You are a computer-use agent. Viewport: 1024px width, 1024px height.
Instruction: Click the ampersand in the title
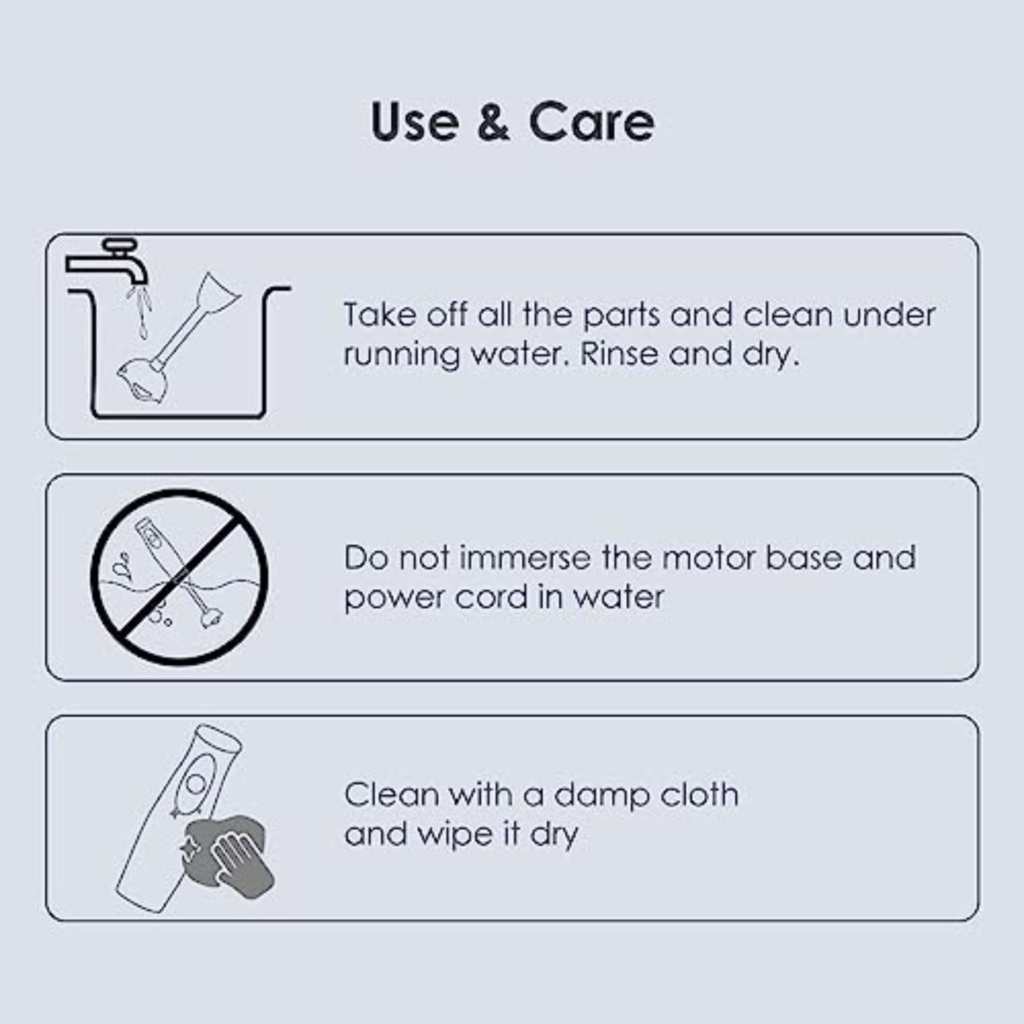click(x=493, y=121)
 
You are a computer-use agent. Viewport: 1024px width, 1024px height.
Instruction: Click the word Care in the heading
click(x=591, y=121)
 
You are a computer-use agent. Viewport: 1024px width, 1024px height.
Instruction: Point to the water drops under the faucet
click(x=139, y=311)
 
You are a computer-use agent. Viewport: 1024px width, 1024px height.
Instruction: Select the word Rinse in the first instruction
click(x=620, y=353)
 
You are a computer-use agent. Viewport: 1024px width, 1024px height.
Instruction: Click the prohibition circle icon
click(x=179, y=577)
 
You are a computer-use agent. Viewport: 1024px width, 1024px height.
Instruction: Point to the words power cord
click(x=436, y=597)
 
